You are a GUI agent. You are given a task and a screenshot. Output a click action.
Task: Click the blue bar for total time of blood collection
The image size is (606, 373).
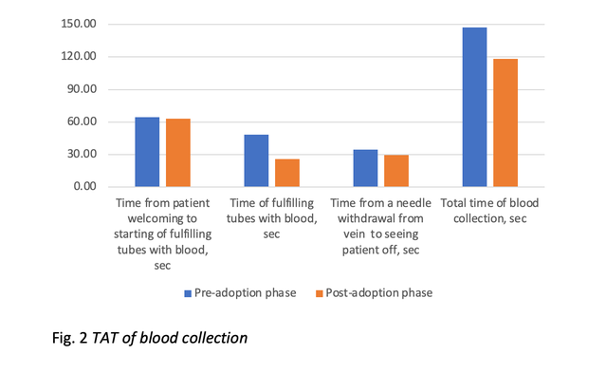coord(474,107)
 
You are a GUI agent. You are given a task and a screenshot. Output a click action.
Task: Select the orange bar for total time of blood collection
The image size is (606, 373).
coord(505,122)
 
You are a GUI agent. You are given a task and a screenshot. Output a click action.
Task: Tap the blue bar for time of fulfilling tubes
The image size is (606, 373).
coord(256,160)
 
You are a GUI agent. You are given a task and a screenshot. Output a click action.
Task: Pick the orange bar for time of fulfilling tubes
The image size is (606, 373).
coord(287,173)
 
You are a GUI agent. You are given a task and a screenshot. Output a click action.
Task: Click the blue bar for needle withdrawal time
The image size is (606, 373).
coord(365,168)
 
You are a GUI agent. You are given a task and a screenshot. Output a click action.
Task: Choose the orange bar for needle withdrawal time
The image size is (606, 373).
coord(396,171)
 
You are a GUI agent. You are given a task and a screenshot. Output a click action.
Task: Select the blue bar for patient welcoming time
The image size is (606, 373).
coord(147,152)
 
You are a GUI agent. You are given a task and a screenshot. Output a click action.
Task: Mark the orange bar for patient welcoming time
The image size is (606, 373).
coord(178,153)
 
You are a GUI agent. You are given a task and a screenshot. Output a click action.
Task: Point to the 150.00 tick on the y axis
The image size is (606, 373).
coord(78,25)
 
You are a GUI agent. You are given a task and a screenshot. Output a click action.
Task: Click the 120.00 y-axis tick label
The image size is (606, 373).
coord(78,57)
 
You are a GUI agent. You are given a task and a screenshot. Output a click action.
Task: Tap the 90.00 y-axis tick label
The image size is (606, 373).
coord(81,89)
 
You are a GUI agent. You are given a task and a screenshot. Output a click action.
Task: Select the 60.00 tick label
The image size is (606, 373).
coord(81,121)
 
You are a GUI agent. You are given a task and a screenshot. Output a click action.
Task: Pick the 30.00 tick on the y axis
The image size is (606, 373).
coord(81,155)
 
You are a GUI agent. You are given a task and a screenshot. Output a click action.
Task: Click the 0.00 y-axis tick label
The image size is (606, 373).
coord(83,187)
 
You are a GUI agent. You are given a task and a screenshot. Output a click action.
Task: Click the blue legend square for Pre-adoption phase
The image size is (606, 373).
coord(189,293)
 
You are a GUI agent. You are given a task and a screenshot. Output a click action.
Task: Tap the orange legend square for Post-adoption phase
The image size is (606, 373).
coord(317,293)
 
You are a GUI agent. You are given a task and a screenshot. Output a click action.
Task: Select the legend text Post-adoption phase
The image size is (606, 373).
coord(377,293)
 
